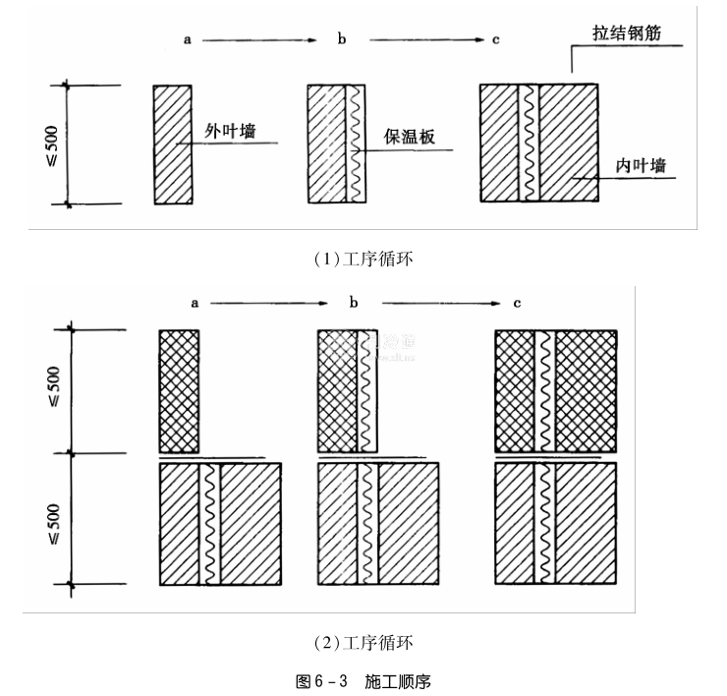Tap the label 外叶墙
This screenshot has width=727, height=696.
click(230, 131)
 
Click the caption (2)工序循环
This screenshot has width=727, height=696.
click(363, 643)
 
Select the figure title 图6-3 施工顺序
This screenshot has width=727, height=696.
click(363, 680)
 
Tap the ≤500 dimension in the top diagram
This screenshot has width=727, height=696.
click(51, 145)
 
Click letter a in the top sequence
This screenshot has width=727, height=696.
click(187, 40)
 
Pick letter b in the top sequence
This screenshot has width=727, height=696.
click(342, 40)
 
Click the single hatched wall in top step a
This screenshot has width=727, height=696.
click(173, 144)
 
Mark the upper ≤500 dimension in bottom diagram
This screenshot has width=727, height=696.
click(53, 390)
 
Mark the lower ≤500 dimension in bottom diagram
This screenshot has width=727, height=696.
click(53, 519)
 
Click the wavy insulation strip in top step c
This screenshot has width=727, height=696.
click(530, 144)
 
